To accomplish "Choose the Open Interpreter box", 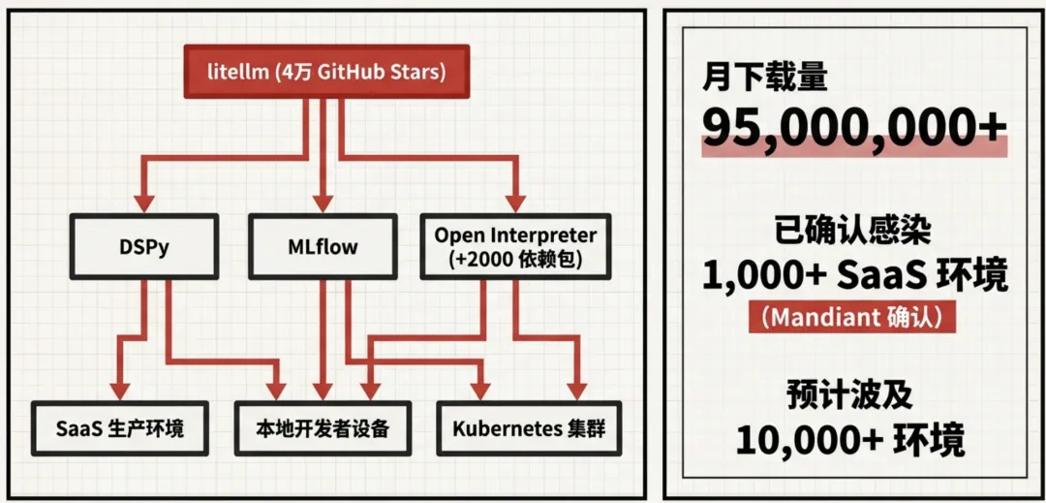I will coord(514,246).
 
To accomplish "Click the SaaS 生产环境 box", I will coord(119,427).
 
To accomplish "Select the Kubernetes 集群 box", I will coord(528,427).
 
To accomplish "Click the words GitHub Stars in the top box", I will coord(391,73).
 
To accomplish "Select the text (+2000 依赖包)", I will coord(514,260).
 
